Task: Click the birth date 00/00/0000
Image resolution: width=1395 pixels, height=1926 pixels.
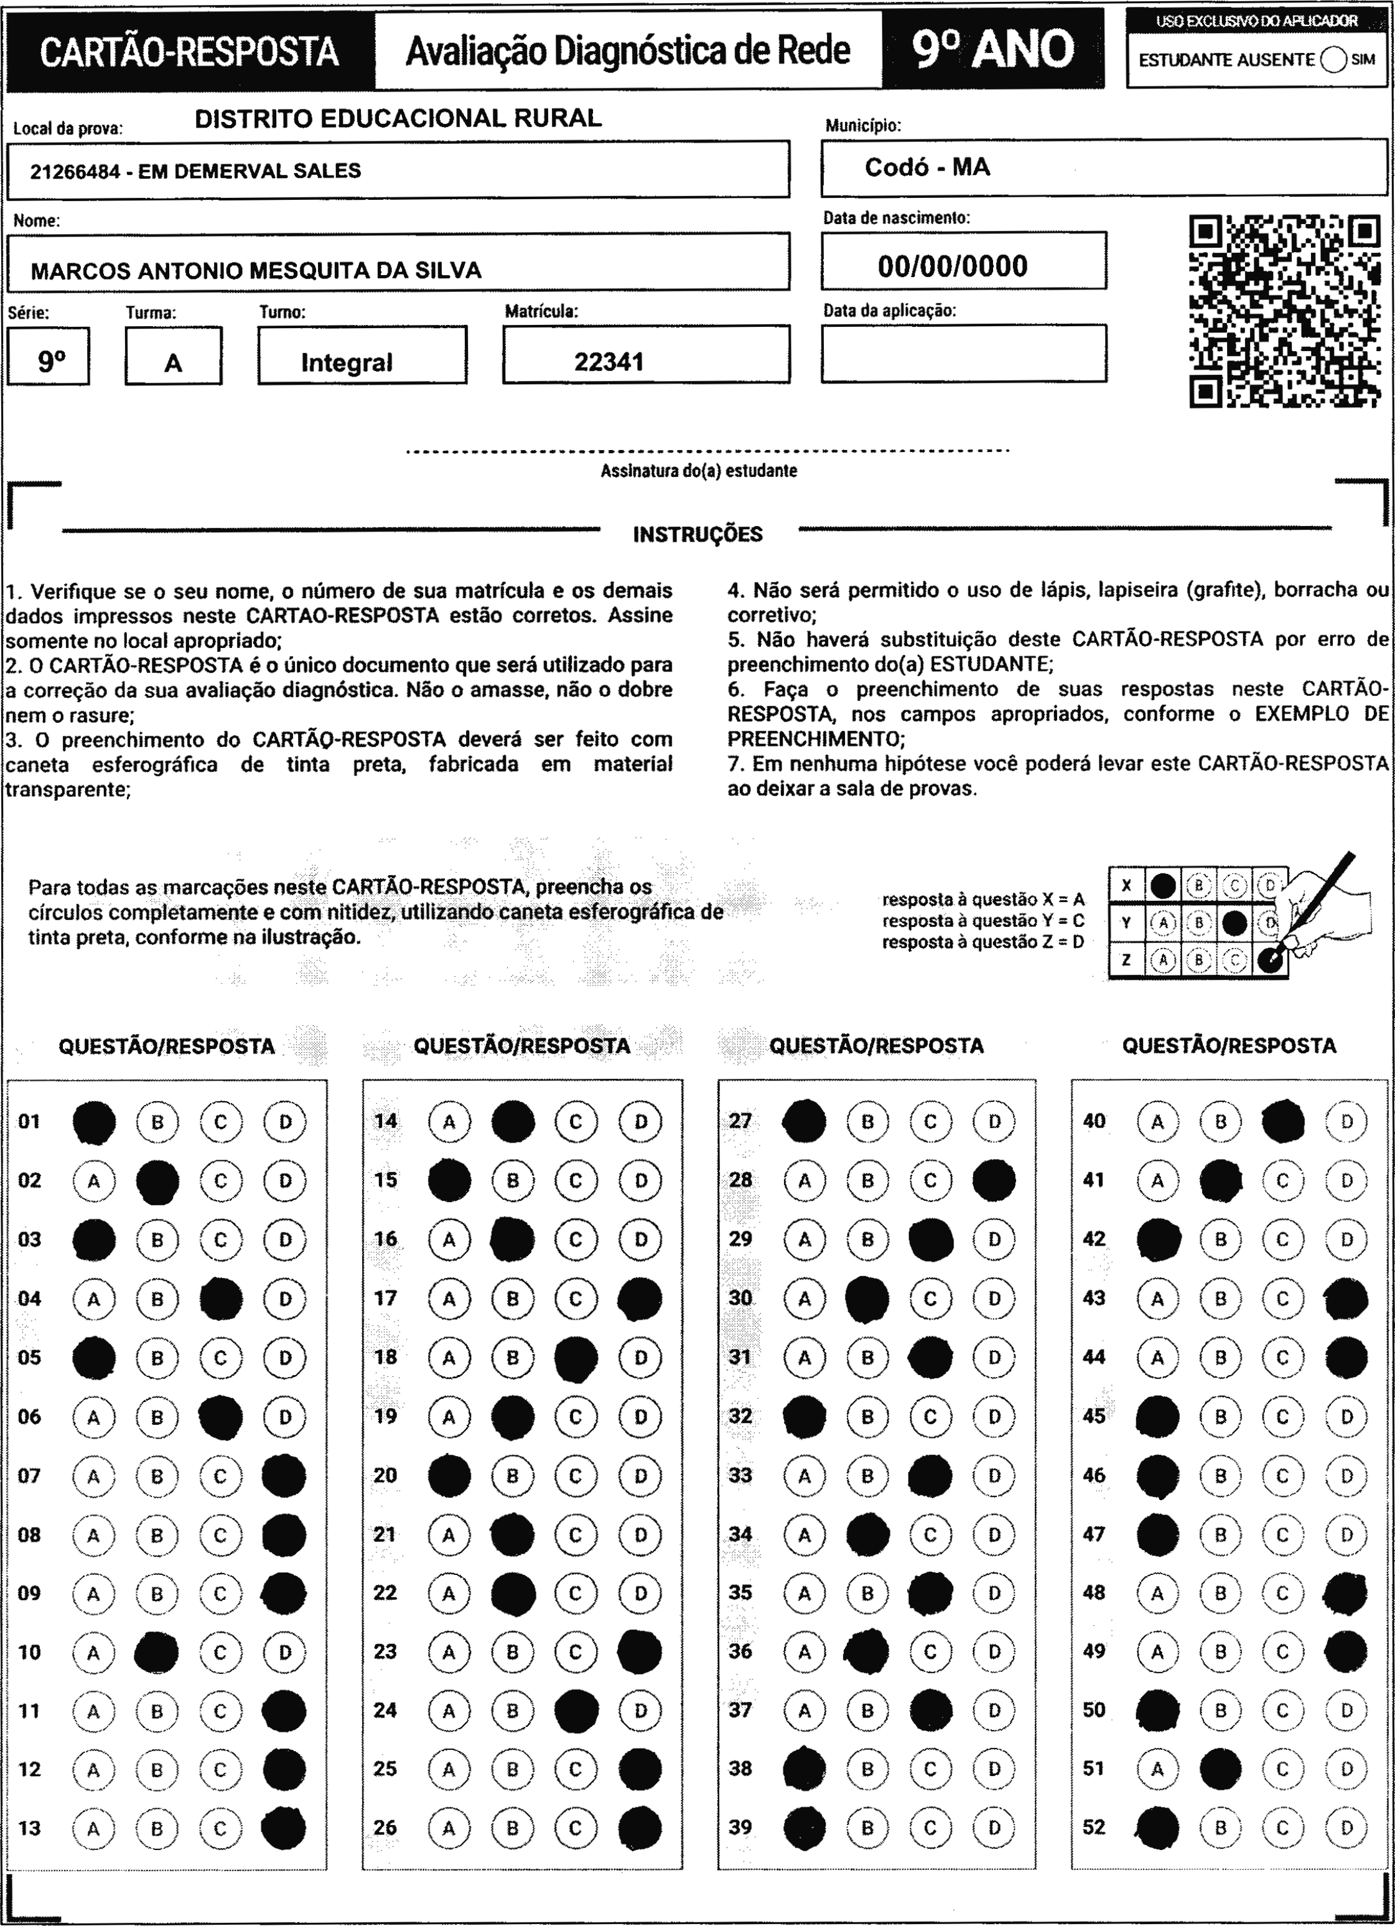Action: [x=953, y=266]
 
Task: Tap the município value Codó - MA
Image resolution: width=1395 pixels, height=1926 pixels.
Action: [x=927, y=167]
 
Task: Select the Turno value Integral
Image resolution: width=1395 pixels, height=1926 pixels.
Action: [x=347, y=363]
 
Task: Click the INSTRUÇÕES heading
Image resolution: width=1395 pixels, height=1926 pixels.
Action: [x=698, y=534]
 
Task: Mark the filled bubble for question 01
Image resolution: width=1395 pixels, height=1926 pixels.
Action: [x=94, y=1122]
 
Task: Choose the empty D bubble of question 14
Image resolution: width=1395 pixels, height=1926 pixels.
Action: [x=640, y=1122]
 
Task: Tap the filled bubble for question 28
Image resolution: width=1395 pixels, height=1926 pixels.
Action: [x=994, y=1180]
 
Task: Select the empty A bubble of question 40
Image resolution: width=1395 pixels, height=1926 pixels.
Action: [x=1157, y=1122]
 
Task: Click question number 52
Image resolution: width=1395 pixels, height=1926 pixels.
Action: [x=1094, y=1826]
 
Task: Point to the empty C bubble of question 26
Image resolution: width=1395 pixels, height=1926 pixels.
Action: [x=576, y=1828]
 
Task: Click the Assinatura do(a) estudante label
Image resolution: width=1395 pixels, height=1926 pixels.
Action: [x=698, y=471]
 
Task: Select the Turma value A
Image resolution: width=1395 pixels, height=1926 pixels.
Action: [x=173, y=364]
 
